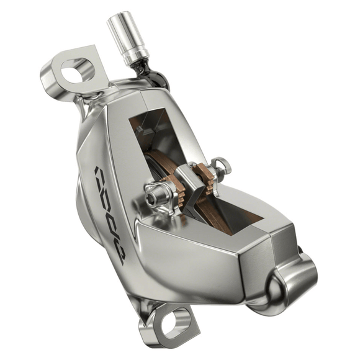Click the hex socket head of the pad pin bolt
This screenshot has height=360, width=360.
[151, 197]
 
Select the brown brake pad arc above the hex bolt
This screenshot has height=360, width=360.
[156, 171]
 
